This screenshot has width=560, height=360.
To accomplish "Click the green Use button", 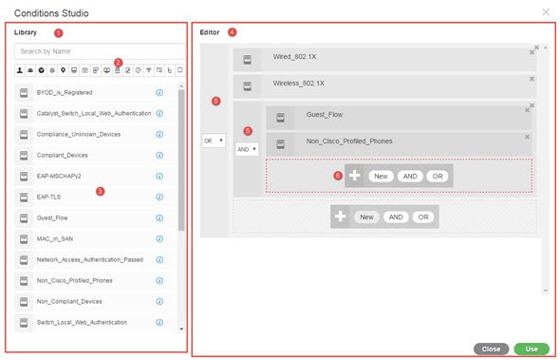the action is [532, 349].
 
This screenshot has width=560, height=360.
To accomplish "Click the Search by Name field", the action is [100, 51].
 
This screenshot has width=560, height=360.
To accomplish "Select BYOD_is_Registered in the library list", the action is [65, 92].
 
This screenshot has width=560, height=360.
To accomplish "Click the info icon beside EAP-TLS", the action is [159, 197].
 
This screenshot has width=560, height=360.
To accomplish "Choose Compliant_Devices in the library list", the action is [62, 155].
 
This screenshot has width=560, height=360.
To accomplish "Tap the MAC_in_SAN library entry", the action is [55, 238].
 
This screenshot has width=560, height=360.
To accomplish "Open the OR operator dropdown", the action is [214, 141].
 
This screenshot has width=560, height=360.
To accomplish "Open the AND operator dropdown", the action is [247, 149].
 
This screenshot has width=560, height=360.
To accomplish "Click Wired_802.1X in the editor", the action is [294, 57].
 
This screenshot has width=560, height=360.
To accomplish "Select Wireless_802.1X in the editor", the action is [299, 84].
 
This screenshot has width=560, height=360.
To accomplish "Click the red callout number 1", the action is [58, 33].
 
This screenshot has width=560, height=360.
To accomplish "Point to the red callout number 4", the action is [232, 32].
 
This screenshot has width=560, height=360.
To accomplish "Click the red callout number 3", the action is [100, 191].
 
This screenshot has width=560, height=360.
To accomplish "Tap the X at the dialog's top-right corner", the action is [546, 12].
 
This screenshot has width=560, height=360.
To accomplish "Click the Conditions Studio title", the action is [51, 13].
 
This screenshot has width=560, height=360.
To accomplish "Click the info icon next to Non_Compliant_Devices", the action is [159, 301].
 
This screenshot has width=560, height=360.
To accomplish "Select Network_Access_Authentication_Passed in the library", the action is [90, 259].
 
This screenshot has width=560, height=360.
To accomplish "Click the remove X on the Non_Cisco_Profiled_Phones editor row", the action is [527, 137].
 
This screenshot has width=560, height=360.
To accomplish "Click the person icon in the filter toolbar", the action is [20, 70].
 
